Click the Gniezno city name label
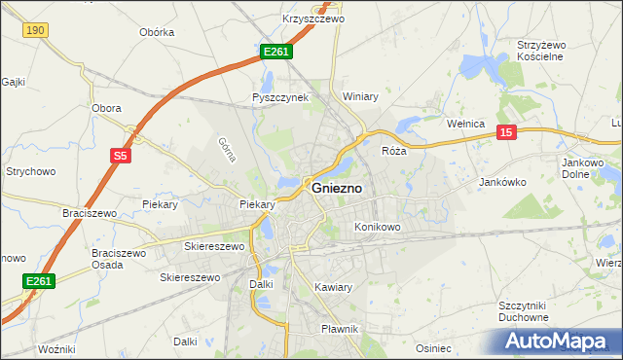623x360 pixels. (x=339, y=189)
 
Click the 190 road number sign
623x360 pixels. (x=35, y=31)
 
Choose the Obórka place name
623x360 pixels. (x=157, y=32)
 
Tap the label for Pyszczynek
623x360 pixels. (x=280, y=97)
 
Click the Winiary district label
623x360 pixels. (x=360, y=96)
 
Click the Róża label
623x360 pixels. (x=393, y=151)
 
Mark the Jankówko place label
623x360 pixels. (x=503, y=182)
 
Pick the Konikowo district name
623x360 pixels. (x=378, y=227)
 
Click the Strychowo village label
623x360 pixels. (x=30, y=171)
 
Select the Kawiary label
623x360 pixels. (x=333, y=287)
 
